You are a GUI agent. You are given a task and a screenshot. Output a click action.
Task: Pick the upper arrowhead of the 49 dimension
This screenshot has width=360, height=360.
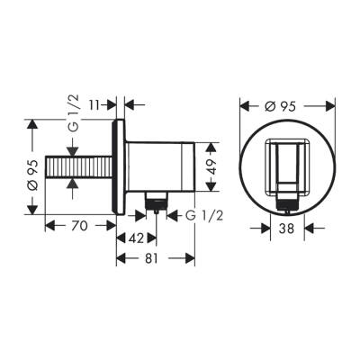211,144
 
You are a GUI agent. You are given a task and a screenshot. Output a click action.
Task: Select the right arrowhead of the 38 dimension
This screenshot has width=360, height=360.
303,229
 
